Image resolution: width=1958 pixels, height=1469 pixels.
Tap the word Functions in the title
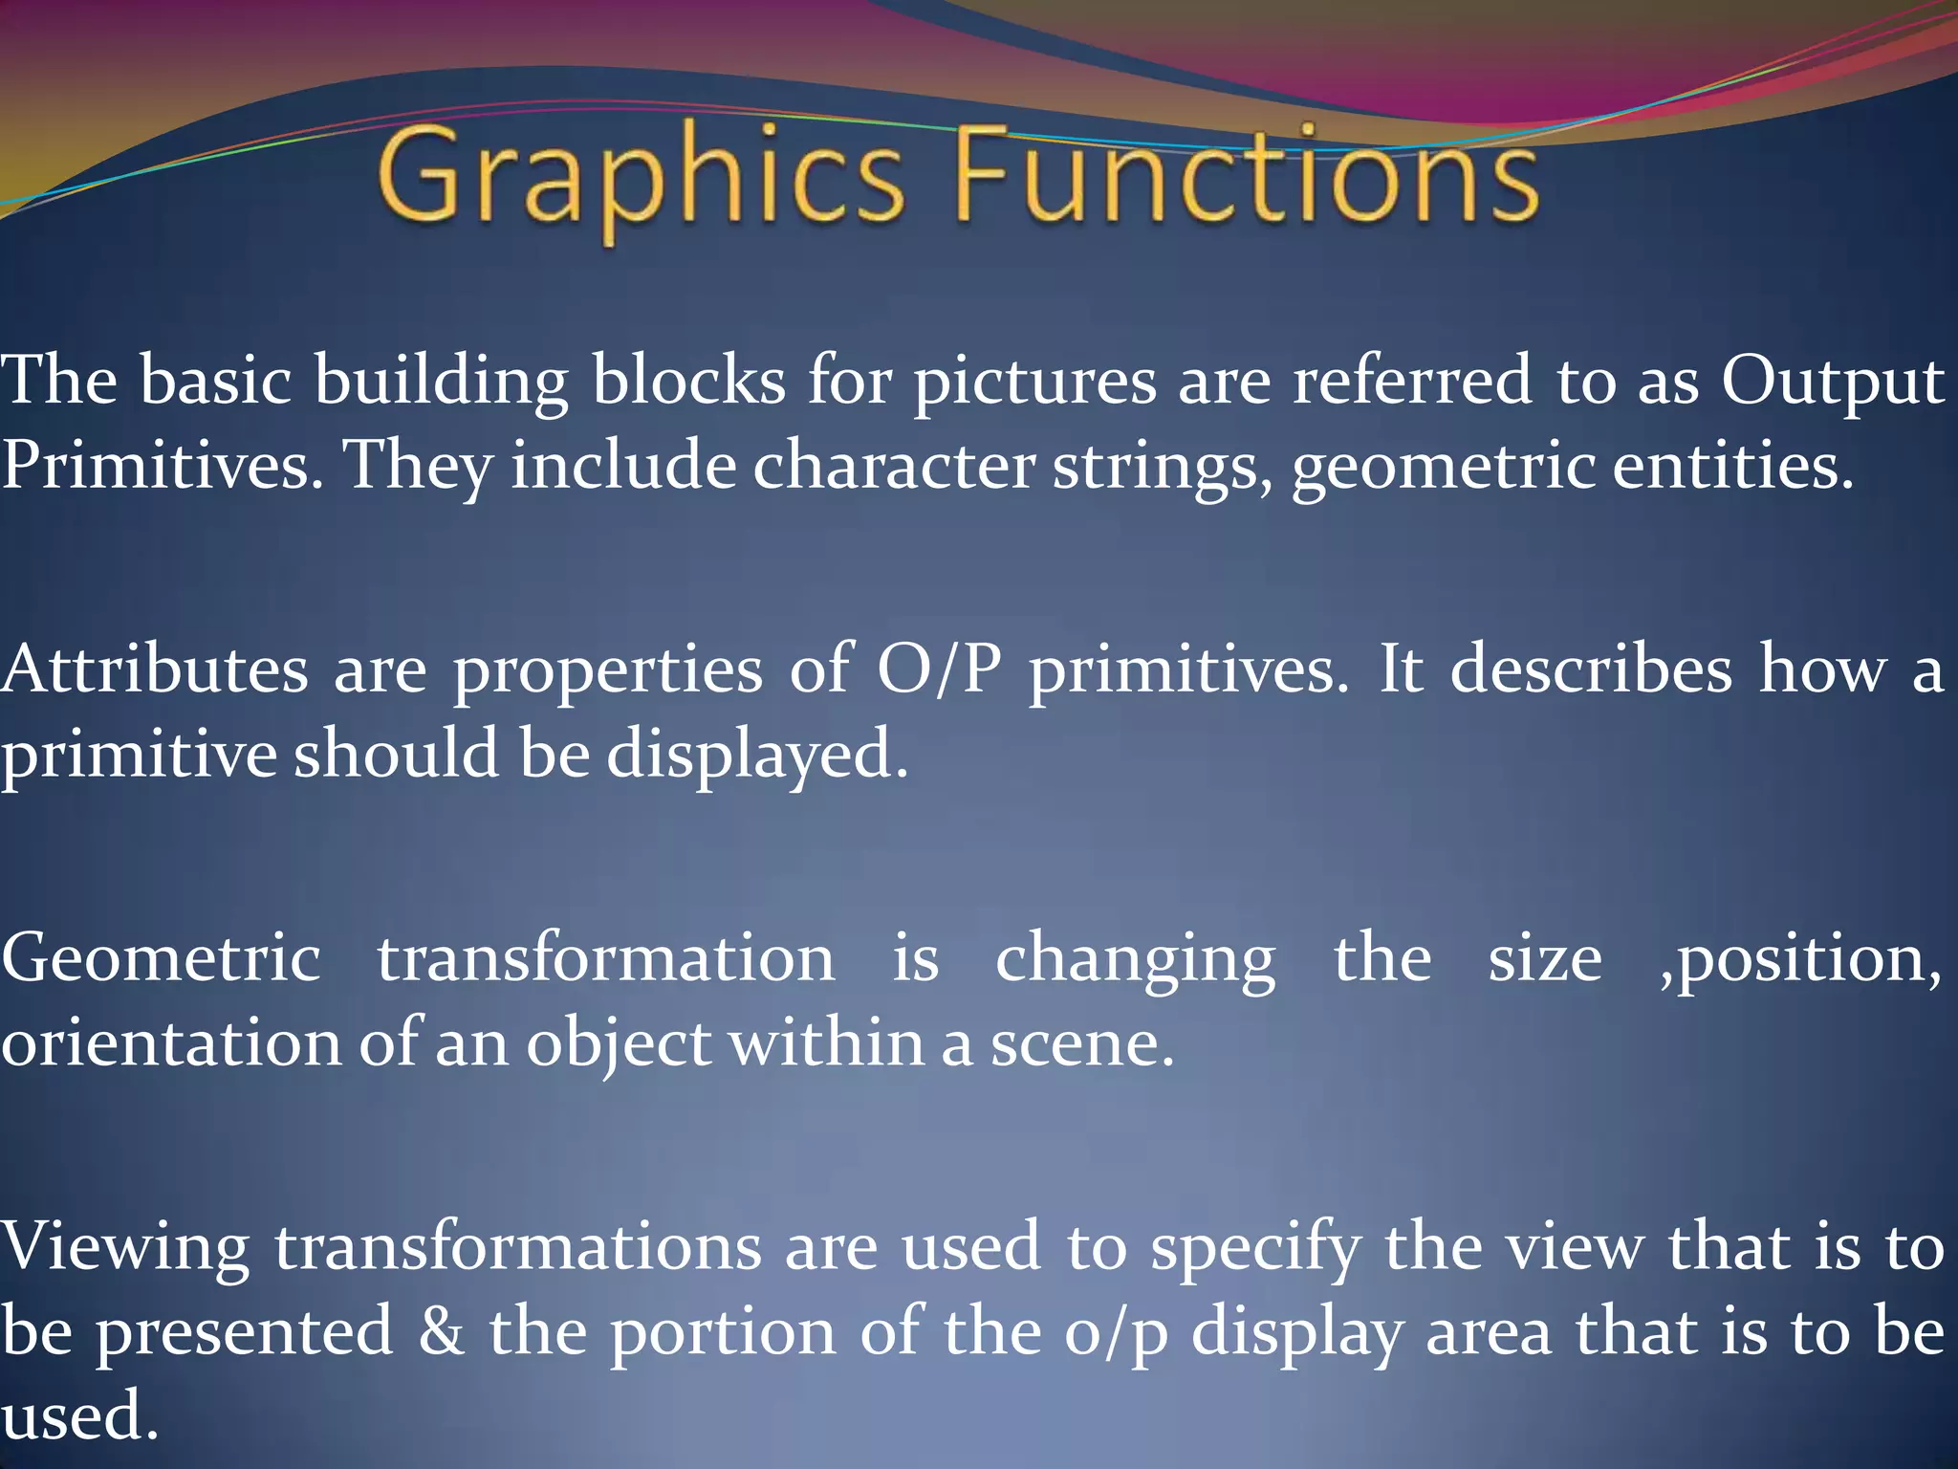point(1248,176)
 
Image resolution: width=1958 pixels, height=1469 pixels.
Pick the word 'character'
point(894,466)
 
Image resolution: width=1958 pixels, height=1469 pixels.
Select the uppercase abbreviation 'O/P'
point(939,669)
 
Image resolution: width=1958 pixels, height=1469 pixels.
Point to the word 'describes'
point(1591,669)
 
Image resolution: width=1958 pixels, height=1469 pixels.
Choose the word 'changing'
point(1136,958)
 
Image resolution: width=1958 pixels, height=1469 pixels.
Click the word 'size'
point(1545,958)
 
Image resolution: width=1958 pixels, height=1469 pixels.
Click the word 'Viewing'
point(125,1248)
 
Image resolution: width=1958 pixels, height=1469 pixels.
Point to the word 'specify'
point(1255,1248)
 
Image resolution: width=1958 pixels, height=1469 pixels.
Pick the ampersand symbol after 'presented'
point(441,1332)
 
